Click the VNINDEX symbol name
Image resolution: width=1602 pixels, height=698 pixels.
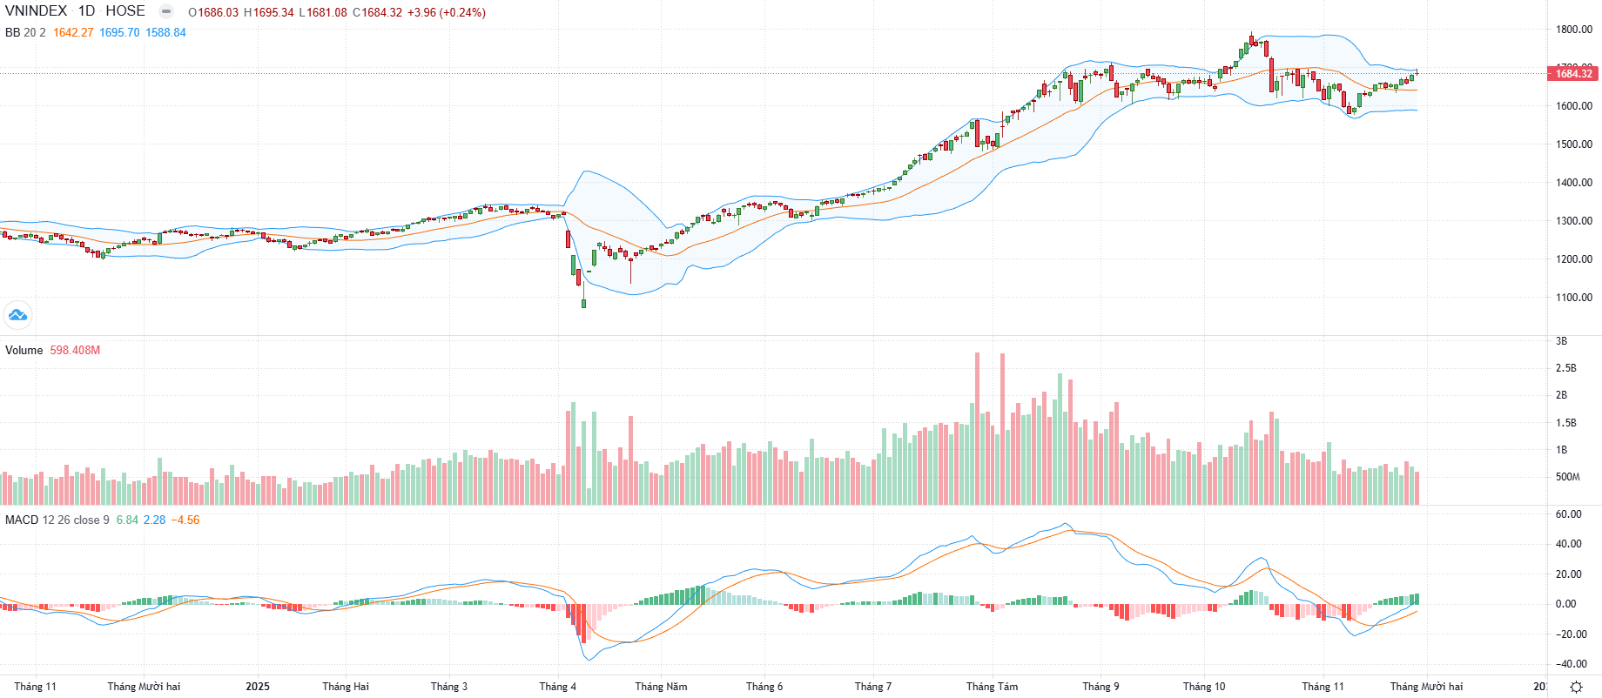coord(36,11)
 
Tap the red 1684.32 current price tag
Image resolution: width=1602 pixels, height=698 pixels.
coord(1574,73)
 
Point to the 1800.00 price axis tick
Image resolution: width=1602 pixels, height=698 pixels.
coord(1574,30)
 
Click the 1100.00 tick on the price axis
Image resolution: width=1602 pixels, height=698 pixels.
coord(1574,298)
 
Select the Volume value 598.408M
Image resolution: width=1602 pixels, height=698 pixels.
coord(75,351)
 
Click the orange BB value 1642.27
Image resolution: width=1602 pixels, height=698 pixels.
coord(73,32)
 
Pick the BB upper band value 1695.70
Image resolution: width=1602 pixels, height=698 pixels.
coord(119,32)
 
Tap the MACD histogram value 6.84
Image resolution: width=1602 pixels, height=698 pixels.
coord(127,520)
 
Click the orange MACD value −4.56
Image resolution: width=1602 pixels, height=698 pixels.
coord(185,520)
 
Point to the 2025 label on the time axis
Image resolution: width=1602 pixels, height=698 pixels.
coord(258,687)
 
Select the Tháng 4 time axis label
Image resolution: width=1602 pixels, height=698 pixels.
coord(557,687)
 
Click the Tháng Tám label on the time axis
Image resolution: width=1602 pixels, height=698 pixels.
coord(992,687)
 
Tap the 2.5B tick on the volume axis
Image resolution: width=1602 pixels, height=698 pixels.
coord(1565,368)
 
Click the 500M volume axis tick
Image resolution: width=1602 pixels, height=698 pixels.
coord(1567,477)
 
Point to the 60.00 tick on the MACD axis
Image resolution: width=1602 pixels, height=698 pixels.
coord(1569,514)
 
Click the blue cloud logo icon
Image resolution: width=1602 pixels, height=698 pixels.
coord(17,315)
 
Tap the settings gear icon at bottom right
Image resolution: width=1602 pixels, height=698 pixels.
coord(1576,687)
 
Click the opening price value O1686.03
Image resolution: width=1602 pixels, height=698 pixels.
coord(213,12)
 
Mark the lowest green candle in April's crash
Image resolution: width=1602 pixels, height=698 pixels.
coord(583,303)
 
